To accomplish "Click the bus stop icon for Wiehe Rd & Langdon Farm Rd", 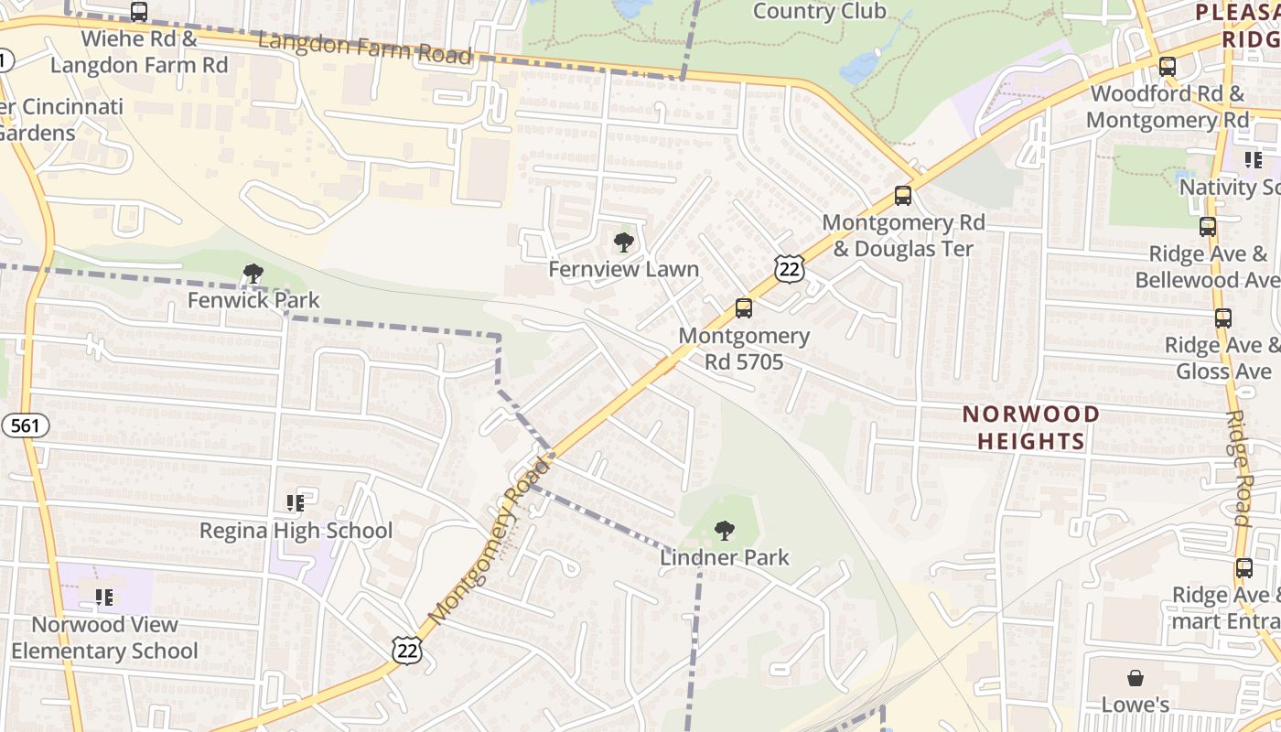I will tap(139, 12).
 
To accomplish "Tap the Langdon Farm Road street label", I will tap(364, 48).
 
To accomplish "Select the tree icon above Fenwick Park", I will tap(253, 273).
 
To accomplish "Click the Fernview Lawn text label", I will tap(623, 269).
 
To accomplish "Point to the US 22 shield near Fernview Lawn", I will tap(788, 267).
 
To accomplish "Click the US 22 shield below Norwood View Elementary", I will tap(407, 650).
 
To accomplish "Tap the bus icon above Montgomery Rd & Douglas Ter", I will tap(903, 196).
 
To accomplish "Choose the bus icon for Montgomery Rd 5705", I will tap(744, 308).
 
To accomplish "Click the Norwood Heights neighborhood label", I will tap(1030, 427).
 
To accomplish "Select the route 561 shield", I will tap(25, 425).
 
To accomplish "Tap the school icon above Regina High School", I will tap(295, 503).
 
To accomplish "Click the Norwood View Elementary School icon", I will tap(104, 597).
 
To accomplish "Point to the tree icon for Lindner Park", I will tap(725, 530).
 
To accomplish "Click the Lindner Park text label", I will tap(725, 557).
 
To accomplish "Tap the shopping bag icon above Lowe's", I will tap(1135, 678).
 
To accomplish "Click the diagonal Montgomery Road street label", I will tap(490, 542).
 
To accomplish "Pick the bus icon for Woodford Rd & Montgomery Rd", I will tap(1168, 67).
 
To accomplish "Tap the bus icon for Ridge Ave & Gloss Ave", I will tap(1223, 318).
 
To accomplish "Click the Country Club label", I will tap(819, 11).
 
